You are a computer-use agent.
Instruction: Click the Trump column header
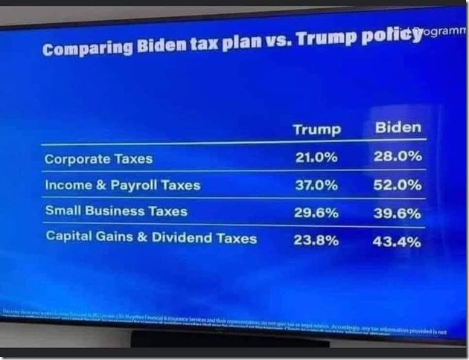tap(316, 129)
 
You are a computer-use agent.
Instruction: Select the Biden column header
tap(398, 127)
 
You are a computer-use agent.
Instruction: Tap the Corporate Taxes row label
tap(98, 158)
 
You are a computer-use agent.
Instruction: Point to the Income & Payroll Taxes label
tap(123, 184)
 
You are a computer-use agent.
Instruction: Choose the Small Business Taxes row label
tap(116, 210)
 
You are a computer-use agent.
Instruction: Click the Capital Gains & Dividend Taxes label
tap(151, 238)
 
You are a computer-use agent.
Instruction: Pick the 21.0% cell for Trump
tap(316, 158)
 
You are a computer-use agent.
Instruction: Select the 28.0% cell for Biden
tap(398, 156)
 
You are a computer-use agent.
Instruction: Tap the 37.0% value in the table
tap(316, 185)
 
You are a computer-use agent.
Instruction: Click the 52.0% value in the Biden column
tap(398, 184)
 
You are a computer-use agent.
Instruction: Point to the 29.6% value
tap(316, 213)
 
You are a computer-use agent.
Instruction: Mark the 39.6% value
tap(398, 213)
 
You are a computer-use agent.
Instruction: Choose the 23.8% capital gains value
tap(316, 240)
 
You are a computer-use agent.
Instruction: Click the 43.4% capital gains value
tap(398, 242)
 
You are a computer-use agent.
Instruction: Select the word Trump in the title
tap(325, 39)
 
